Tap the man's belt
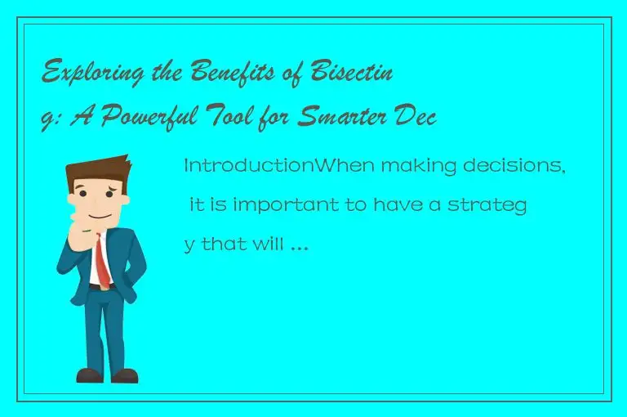[x=100, y=288]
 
